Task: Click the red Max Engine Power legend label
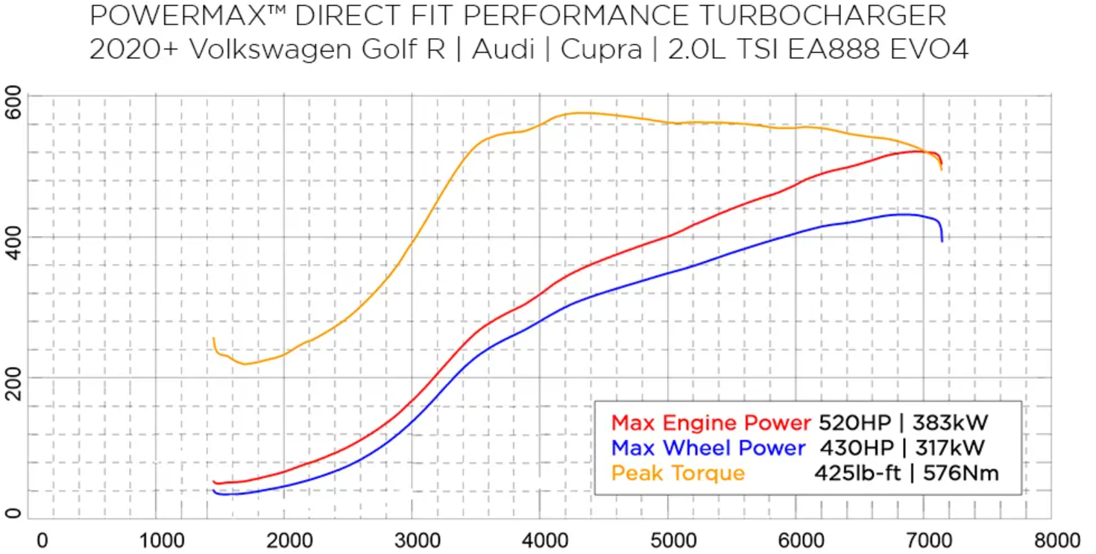coord(711,423)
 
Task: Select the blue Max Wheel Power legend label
coord(708,447)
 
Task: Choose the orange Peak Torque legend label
coord(678,473)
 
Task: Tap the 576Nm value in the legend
coord(961,473)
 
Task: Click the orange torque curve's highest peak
coord(578,113)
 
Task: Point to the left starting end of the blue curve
coord(214,491)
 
